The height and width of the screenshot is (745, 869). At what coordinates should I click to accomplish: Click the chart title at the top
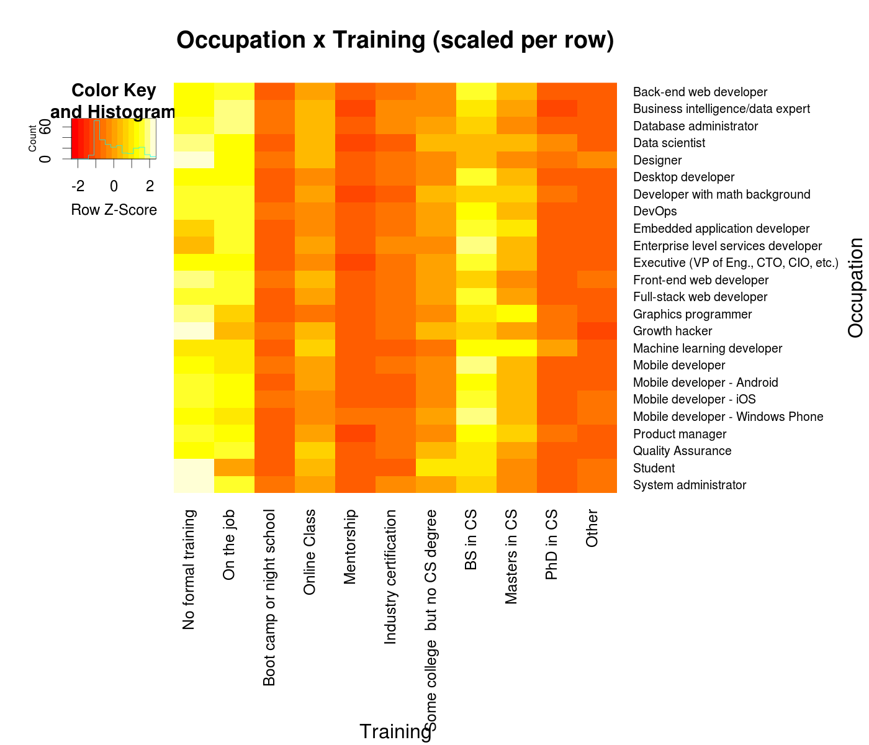[395, 40]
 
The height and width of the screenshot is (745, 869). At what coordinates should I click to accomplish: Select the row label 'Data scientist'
[669, 143]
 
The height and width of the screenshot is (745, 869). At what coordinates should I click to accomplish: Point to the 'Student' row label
[654, 468]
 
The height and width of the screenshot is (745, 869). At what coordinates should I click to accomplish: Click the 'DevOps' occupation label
[655, 211]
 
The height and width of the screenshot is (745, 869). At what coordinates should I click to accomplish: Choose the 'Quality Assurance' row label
[682, 451]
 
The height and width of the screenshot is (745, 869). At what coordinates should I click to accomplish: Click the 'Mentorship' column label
[349, 547]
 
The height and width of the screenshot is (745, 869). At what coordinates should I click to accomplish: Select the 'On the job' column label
[229, 544]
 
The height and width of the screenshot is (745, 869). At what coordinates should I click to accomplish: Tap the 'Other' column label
[592, 528]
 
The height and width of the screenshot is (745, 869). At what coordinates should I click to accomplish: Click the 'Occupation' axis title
[855, 287]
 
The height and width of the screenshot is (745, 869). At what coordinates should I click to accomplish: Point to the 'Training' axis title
[395, 732]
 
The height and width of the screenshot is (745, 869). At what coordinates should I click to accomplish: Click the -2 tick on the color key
[78, 186]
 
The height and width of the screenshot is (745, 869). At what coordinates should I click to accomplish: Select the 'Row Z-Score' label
[114, 210]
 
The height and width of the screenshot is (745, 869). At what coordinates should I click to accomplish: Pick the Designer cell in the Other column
[597, 160]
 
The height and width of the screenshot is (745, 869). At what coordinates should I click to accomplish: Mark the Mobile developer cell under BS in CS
[476, 364]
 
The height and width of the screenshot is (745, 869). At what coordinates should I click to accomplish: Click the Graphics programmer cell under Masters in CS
[516, 314]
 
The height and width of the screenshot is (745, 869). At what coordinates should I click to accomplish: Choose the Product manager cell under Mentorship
[355, 433]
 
